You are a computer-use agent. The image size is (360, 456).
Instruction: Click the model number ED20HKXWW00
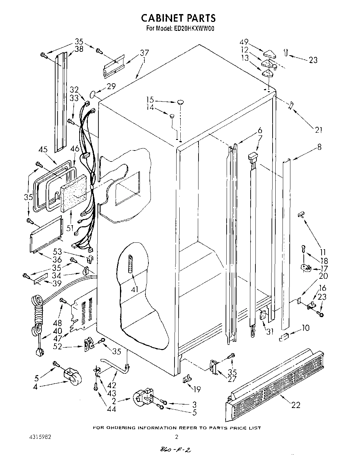coord(192,29)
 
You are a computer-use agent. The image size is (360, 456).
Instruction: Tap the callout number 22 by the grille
coord(295,405)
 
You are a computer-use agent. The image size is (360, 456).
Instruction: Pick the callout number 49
coord(244,42)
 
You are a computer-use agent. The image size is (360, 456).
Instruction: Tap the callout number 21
coord(319,130)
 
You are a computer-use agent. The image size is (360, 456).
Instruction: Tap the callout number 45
coord(43,149)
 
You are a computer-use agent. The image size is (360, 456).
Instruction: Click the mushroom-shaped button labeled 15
coord(181,102)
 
